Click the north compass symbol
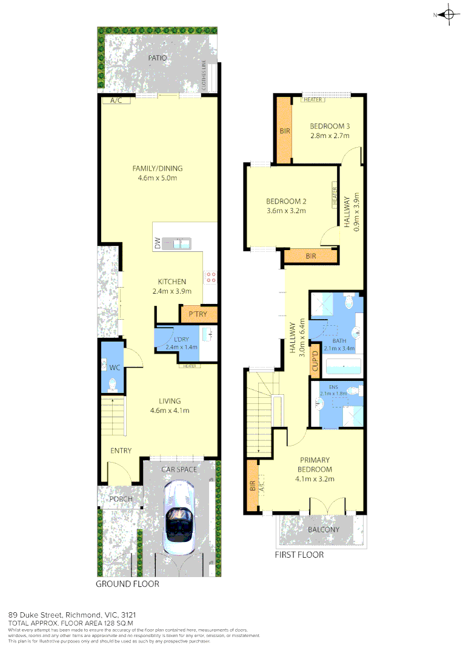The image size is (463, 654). point(448,16)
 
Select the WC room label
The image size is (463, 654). point(113,367)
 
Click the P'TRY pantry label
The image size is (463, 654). point(199,314)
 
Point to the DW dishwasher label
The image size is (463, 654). point(157,244)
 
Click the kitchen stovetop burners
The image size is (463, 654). point(211,277)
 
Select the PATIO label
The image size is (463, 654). point(158,58)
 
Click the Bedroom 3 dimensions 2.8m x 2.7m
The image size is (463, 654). point(330,136)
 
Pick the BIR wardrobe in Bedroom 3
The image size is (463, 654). point(284,130)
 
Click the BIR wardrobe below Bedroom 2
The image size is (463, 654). point(311,257)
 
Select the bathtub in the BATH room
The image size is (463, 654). point(343,366)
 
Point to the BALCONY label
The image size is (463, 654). point(323,529)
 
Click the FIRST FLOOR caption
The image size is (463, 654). point(299,555)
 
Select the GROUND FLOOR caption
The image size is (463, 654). point(127,584)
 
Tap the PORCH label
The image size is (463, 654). point(121,499)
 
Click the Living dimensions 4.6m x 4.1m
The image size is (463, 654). point(170,411)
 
